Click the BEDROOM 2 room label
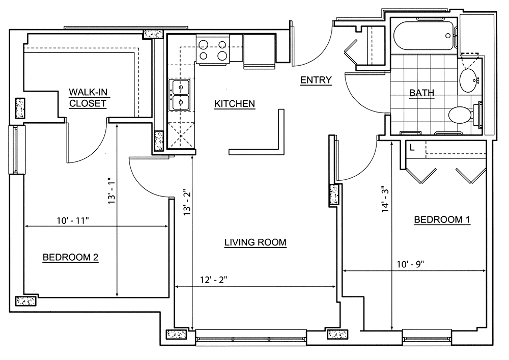(x=70, y=258)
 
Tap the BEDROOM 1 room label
(x=442, y=220)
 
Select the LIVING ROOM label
(x=256, y=242)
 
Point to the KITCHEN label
(x=235, y=104)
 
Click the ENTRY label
(x=316, y=80)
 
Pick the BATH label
(x=421, y=93)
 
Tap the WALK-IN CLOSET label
(x=88, y=98)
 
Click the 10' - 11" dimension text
(x=73, y=221)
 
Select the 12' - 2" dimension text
(x=213, y=280)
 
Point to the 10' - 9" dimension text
(x=410, y=264)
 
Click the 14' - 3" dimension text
(x=385, y=199)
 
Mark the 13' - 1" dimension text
(x=111, y=190)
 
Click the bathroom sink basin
(x=468, y=79)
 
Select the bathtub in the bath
(x=423, y=36)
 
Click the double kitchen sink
(x=180, y=95)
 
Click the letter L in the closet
(x=412, y=148)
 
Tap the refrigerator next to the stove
(x=260, y=51)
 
